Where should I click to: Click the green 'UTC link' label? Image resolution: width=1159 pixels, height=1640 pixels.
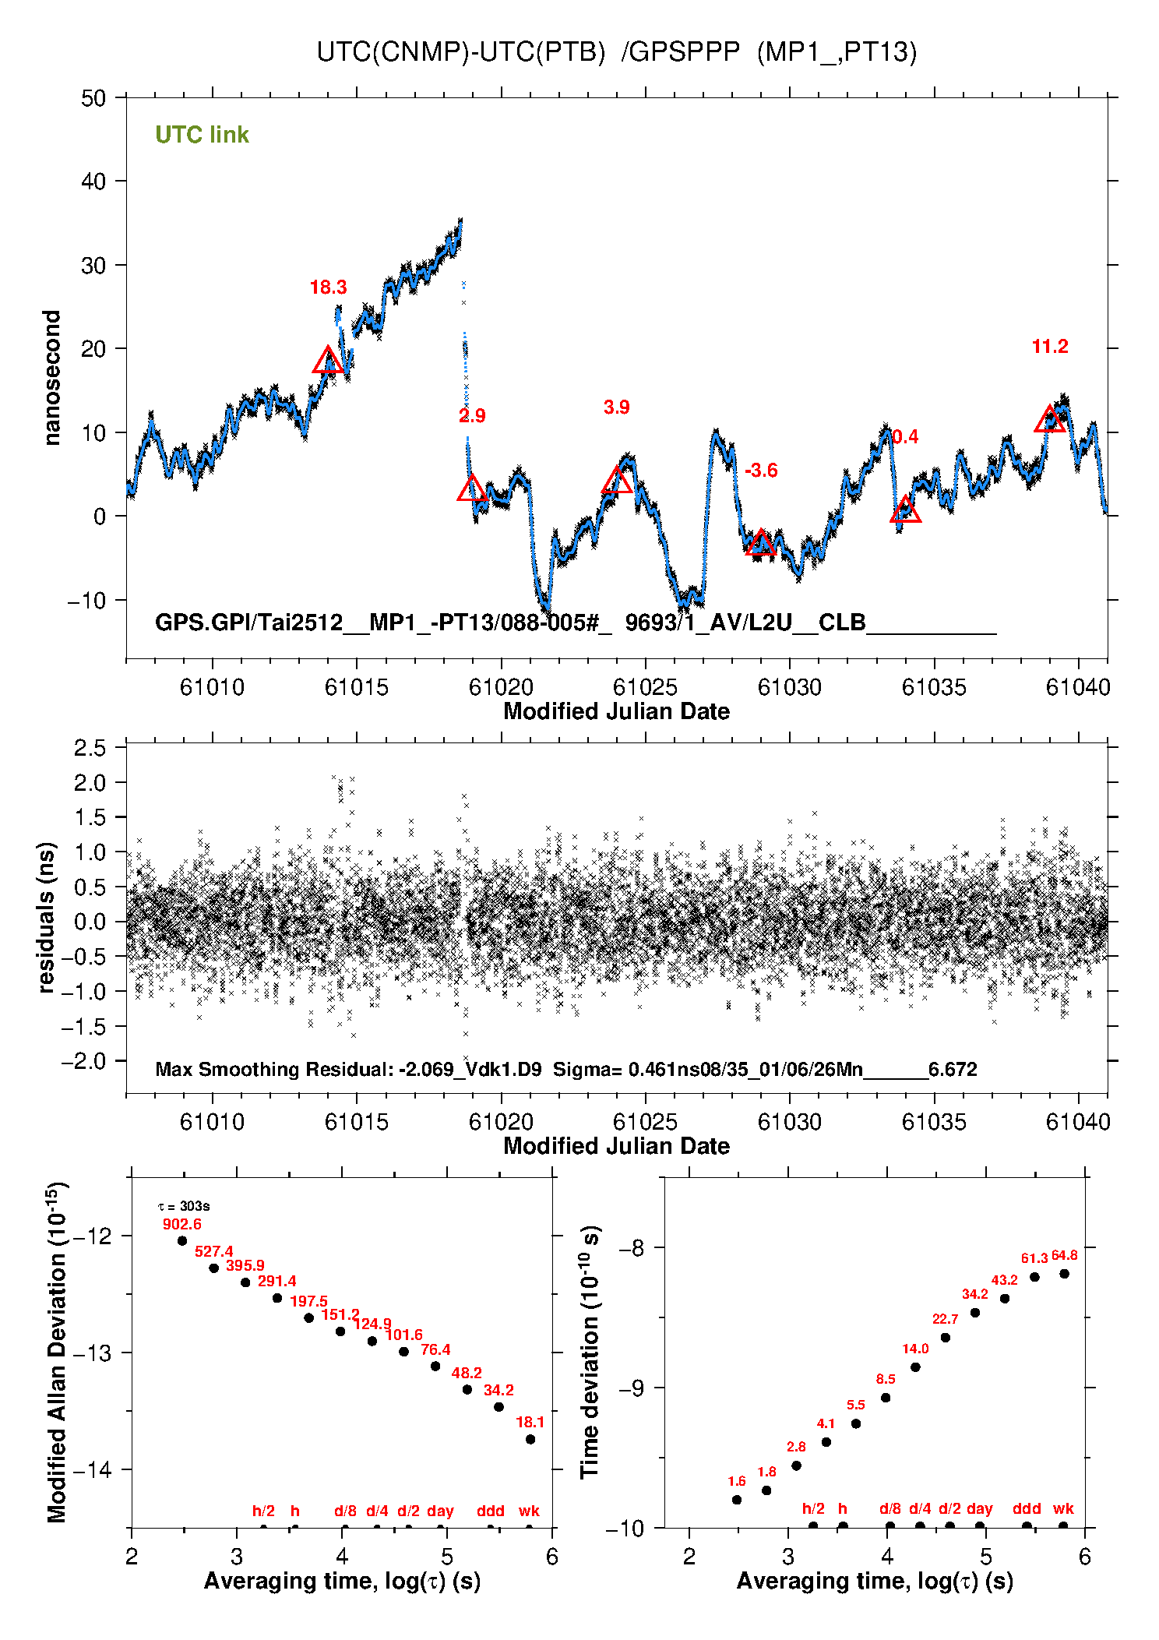tap(202, 135)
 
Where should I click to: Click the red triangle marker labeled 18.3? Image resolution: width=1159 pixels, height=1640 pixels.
tap(328, 361)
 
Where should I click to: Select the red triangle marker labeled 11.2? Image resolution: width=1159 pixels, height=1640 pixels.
tap(1050, 420)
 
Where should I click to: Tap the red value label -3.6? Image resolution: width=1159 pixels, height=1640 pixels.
tap(761, 471)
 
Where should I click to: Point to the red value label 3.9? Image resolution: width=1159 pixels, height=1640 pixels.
tap(616, 407)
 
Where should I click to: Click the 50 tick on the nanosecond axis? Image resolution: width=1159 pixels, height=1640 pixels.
tap(93, 98)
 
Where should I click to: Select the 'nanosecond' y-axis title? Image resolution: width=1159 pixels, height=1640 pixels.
tap(51, 378)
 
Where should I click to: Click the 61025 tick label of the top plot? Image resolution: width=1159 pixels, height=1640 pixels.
tap(645, 687)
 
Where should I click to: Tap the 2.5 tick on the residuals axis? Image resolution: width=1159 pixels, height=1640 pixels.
tap(90, 748)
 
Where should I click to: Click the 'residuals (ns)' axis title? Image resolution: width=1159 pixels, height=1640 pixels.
tap(47, 917)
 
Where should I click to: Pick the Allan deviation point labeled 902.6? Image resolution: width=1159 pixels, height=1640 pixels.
tap(182, 1241)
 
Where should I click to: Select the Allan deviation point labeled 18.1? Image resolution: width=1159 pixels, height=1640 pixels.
tap(530, 1439)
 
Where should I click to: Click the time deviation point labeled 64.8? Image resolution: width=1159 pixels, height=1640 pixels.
tap(1064, 1274)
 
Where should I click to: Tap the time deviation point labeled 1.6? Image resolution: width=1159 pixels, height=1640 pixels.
tap(737, 1500)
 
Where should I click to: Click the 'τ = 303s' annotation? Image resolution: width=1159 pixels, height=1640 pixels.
tap(184, 1207)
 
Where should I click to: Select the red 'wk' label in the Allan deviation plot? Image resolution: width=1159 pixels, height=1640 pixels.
tap(529, 1511)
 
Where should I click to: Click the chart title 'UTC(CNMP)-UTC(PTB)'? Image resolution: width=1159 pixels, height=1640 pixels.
tap(460, 52)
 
